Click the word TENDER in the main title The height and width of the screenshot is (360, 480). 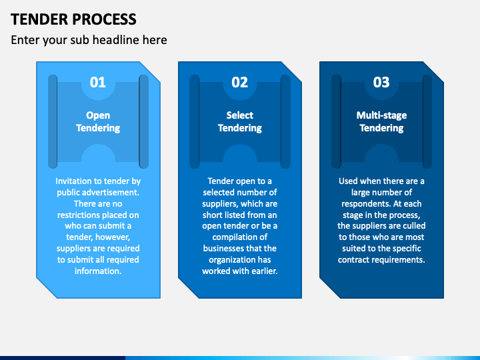40,19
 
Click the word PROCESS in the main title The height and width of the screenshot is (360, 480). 105,19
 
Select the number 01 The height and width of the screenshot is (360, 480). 98,83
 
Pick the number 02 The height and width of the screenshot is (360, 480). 240,83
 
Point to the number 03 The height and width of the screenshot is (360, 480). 381,83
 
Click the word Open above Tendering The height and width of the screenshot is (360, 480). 98,115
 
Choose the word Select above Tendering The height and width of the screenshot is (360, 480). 240,115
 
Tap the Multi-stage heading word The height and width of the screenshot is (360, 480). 381,115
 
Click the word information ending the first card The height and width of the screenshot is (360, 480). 98,271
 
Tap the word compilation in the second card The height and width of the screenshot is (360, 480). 240,237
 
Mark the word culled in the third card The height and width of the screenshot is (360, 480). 414,226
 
